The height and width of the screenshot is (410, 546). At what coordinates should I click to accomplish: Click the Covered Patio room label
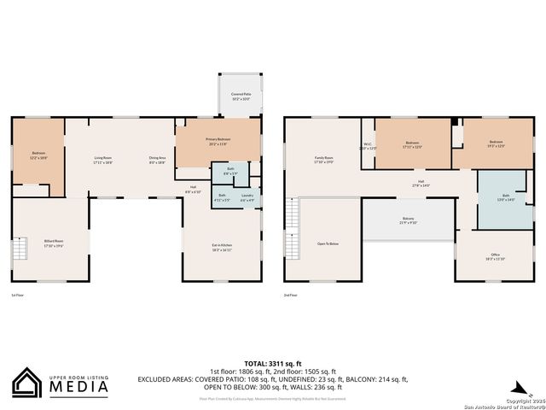coord(241,97)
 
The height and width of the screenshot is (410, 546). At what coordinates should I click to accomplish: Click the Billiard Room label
coord(54,242)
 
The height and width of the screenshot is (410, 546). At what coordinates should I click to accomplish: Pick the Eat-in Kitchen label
coord(222,247)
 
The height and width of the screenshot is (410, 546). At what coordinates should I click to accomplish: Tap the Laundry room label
coord(247,197)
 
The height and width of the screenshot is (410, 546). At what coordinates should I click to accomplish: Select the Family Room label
coord(323,159)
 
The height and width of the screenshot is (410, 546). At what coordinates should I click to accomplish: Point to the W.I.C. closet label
coord(368,145)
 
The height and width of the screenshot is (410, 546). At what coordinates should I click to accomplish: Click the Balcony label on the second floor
coord(408,220)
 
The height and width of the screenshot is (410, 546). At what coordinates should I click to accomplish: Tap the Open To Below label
coord(328,244)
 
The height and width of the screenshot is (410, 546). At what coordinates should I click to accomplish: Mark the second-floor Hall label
coord(421,182)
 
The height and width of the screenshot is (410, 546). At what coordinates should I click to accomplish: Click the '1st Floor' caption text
coord(17,295)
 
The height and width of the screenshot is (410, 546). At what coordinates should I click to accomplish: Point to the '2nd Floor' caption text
coord(290,295)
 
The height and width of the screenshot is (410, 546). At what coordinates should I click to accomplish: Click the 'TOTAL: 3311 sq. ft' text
coord(273,363)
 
